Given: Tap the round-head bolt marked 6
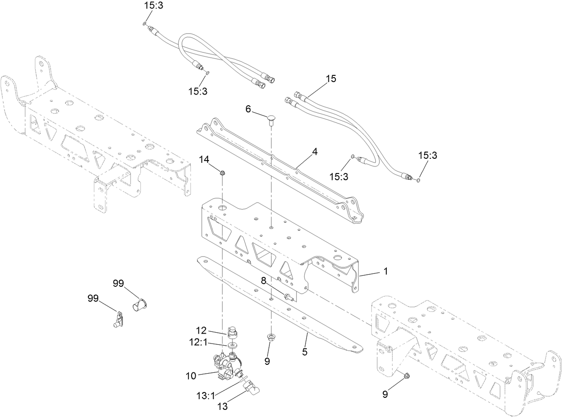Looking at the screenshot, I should pos(271,119).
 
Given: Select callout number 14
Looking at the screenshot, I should pos(204,159).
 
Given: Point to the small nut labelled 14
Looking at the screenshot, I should pos(222,171).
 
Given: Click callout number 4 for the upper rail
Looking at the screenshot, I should pos(315,152).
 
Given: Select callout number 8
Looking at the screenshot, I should pos(264,280).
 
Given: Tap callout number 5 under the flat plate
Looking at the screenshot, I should pos(305,351).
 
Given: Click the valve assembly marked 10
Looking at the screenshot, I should pos(226,363).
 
